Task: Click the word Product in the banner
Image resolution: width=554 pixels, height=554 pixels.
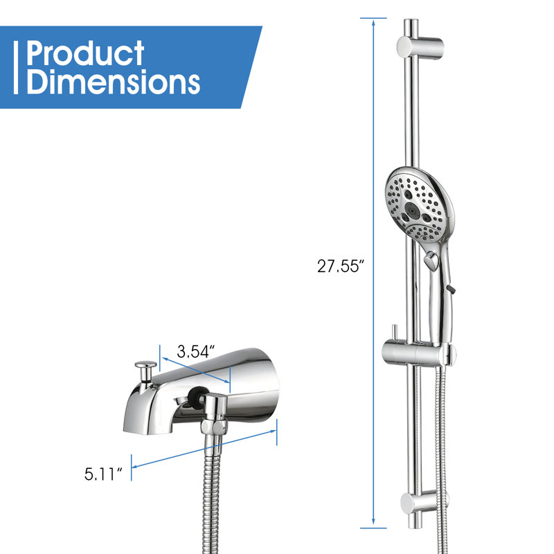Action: pos(85,53)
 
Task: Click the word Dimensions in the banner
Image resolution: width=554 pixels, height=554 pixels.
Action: pos(114,82)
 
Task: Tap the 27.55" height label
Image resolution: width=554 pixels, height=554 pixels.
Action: pos(340,267)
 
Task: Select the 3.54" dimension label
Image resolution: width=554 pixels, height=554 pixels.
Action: pos(196,352)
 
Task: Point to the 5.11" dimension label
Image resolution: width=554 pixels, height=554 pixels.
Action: pos(102,474)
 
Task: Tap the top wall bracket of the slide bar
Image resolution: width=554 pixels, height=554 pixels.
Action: pos(420,47)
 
